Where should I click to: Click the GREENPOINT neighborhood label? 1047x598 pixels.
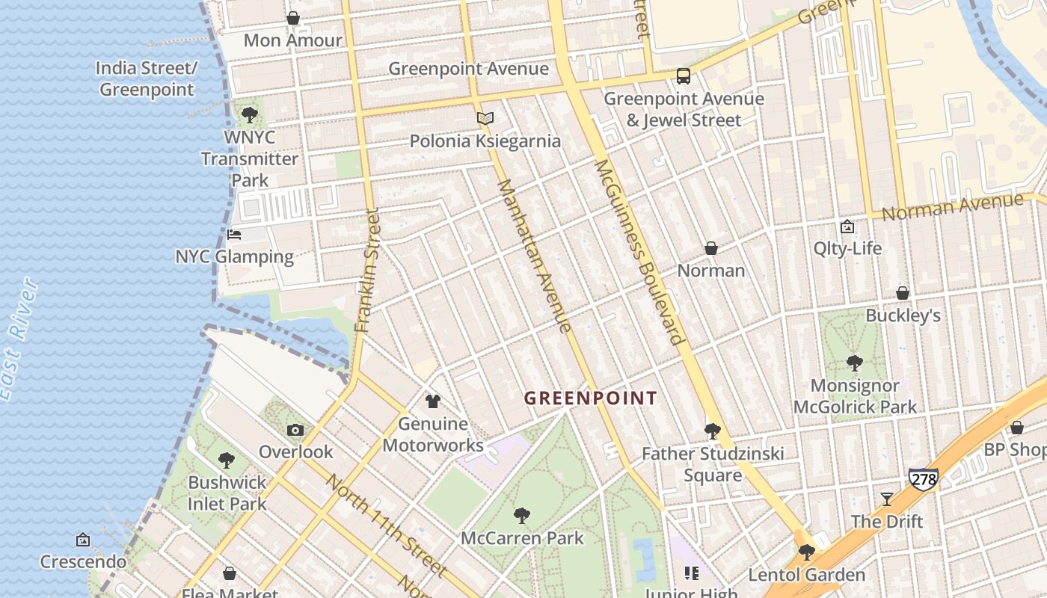pos(590,398)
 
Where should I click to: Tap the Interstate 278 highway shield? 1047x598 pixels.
pos(924,479)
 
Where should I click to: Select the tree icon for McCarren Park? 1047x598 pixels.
pos(522,515)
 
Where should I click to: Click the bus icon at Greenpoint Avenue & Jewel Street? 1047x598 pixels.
pos(683,76)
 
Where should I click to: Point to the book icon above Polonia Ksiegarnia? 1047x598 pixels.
pos(485,118)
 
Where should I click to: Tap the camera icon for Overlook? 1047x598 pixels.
pos(295,430)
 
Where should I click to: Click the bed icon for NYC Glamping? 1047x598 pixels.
pos(234,235)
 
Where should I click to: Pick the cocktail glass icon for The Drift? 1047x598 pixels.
pos(886,499)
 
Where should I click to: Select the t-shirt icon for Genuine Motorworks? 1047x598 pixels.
pos(432,401)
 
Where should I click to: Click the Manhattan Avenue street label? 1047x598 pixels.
pos(534,255)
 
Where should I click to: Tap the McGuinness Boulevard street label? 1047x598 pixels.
pos(639,251)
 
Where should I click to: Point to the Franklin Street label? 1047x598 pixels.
pos(368,271)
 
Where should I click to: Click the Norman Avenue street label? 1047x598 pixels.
pos(951,206)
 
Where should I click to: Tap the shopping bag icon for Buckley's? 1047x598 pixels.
pos(903,293)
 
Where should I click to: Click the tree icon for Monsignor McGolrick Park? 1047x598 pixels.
pos(854,363)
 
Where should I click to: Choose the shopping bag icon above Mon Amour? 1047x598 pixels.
pos(293,18)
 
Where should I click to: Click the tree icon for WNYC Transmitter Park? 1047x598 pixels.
pos(249,115)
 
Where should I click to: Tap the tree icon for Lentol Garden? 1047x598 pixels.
pos(806,552)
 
